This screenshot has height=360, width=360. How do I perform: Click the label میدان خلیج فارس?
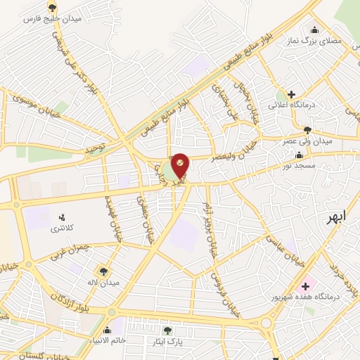53,18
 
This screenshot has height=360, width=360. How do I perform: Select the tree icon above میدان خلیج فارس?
53,7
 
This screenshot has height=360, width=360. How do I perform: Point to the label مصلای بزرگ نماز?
314,42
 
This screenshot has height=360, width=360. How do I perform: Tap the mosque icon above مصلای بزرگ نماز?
314,30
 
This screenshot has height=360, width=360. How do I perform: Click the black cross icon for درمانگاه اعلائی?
290,94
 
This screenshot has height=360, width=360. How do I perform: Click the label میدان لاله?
105,282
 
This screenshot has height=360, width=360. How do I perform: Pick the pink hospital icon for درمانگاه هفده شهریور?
304,285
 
